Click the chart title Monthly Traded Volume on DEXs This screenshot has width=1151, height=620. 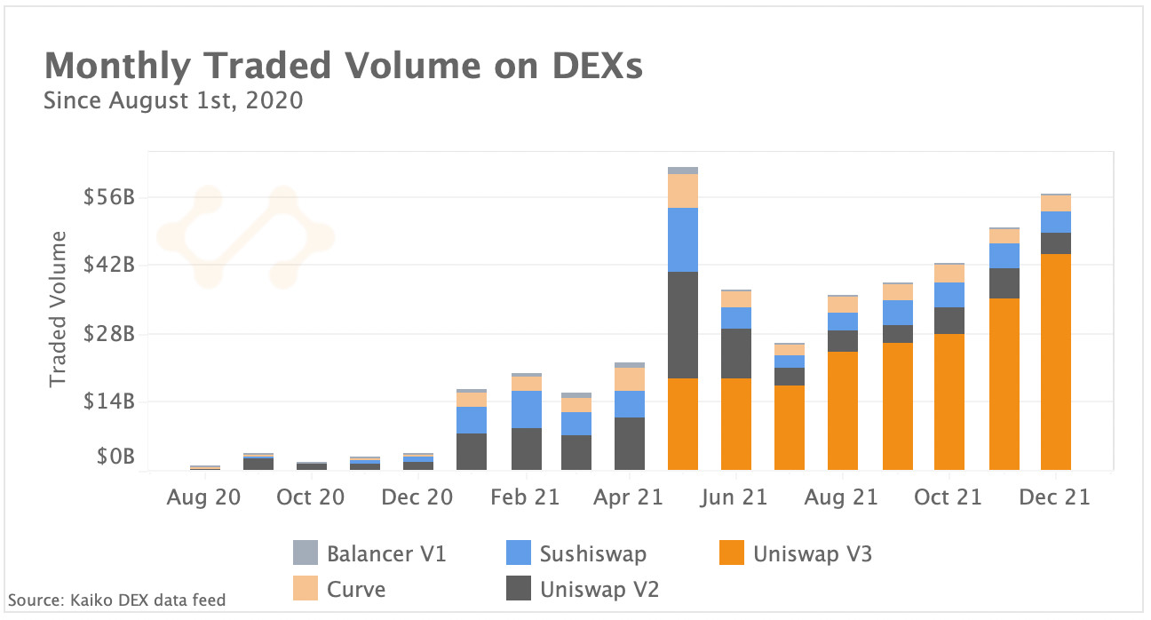[343, 67]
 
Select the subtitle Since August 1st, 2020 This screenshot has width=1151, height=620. [173, 100]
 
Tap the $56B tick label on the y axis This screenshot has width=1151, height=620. [109, 197]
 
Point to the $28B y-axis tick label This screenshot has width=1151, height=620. [109, 334]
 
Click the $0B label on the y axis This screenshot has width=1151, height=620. [115, 457]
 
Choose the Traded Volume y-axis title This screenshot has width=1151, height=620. [58, 308]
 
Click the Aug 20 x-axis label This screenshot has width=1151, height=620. [203, 497]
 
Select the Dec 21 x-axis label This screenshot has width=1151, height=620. [1054, 497]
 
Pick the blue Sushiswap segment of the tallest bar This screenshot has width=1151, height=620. [683, 239]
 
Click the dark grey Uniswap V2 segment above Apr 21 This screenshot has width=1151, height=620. [630, 443]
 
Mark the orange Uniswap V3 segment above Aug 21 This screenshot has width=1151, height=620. [843, 410]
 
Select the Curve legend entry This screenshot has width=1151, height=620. [355, 589]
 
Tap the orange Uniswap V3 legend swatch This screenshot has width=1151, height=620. [729, 554]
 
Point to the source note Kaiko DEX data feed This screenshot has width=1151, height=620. [116, 600]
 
